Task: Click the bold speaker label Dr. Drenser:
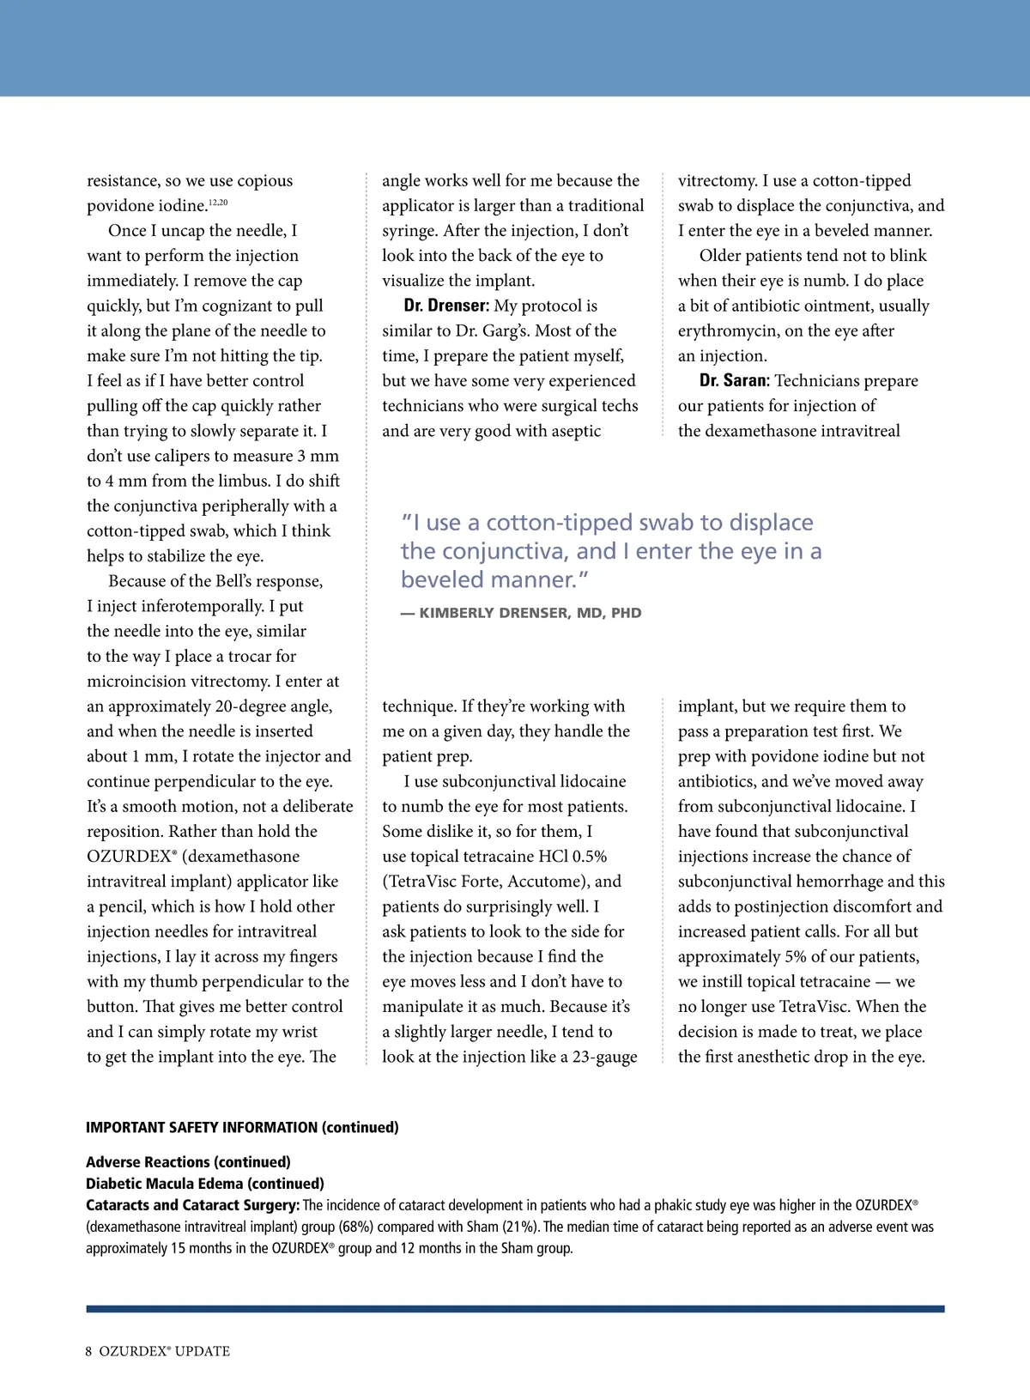coord(446,306)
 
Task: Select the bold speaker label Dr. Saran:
coord(735,381)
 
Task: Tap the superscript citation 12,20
coord(218,203)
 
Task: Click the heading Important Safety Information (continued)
coord(242,1127)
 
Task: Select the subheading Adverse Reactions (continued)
coord(188,1162)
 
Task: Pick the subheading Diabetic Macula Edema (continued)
coord(205,1184)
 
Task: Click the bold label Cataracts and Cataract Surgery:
coord(192,1205)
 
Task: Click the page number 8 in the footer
coord(89,1351)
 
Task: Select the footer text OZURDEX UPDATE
coord(165,1351)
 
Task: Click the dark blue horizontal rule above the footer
coord(515,1309)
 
